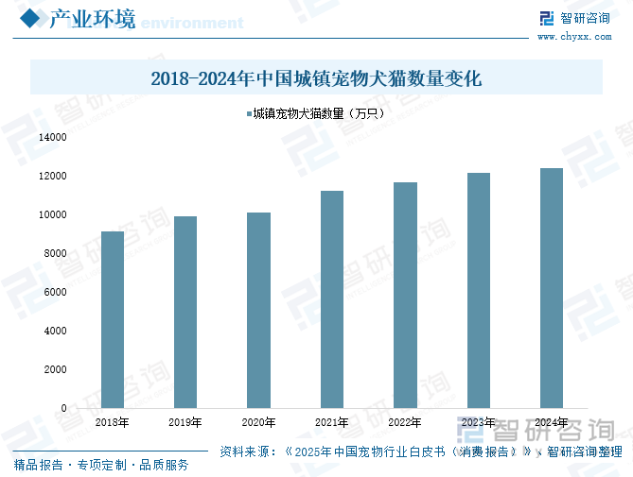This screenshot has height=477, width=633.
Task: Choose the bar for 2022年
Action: click(405, 295)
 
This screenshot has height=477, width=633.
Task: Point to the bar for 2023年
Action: click(478, 290)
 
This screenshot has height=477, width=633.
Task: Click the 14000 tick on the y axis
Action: click(53, 137)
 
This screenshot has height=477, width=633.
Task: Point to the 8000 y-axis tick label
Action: click(55, 254)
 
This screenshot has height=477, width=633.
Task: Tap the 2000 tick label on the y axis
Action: click(55, 370)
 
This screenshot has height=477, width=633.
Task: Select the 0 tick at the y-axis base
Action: click(63, 409)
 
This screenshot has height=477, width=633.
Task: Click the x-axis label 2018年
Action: click(113, 422)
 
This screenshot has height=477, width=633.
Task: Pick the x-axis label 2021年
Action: click(331, 422)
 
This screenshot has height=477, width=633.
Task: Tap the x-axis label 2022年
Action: click(405, 422)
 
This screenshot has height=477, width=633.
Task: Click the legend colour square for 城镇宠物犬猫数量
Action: click(249, 113)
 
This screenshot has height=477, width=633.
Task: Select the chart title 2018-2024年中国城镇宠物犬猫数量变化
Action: click(316, 78)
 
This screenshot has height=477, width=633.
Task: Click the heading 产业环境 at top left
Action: click(92, 19)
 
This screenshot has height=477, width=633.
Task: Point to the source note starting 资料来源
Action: click(421, 451)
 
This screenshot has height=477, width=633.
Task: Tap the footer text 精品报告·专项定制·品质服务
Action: click(101, 465)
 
